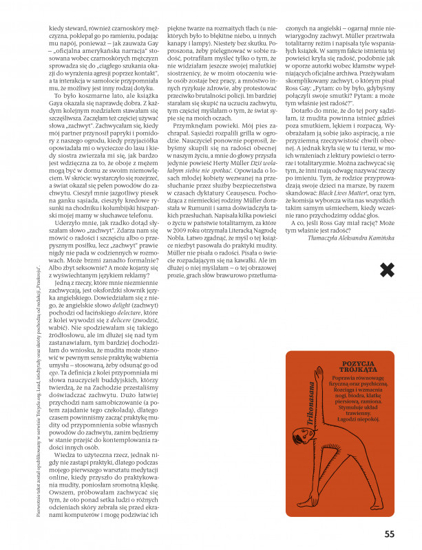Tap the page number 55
point(390,533)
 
